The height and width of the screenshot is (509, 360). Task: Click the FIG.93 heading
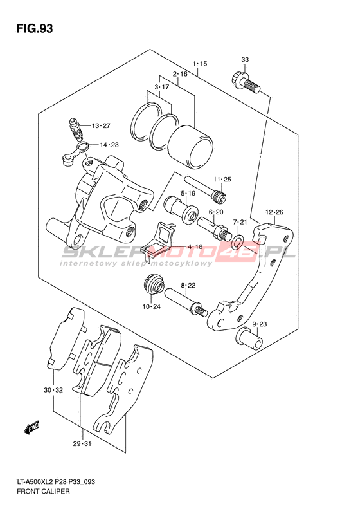tap(35, 28)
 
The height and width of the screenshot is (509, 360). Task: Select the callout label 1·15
tap(200, 64)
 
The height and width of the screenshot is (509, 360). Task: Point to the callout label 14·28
tap(109, 145)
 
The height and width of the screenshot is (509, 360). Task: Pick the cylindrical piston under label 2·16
tap(190, 146)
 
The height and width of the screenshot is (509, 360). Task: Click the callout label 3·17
tap(162, 87)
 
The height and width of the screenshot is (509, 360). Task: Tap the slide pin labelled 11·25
tap(204, 190)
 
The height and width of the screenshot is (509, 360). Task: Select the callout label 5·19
tap(188, 194)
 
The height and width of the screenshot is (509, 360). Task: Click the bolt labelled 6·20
tap(213, 227)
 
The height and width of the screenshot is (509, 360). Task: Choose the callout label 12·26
tap(274, 212)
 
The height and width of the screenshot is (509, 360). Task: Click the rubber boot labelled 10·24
tap(154, 284)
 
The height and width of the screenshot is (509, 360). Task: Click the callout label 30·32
tap(53, 390)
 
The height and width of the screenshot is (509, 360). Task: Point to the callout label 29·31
tap(82, 444)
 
